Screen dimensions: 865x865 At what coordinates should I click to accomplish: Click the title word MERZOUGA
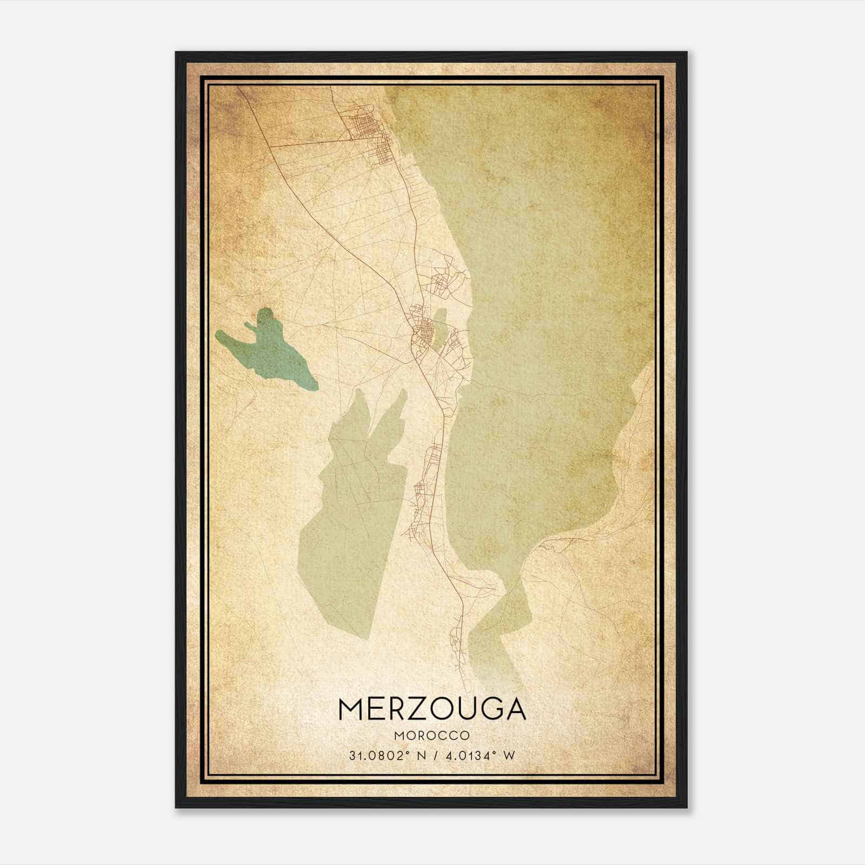[x=432, y=709]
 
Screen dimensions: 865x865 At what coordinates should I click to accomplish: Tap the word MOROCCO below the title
[x=432, y=735]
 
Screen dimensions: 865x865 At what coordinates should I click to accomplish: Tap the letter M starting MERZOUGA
[x=351, y=709]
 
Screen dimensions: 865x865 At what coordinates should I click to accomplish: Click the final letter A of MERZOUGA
[x=514, y=709]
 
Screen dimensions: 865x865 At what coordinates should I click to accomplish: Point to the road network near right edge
[x=633, y=487]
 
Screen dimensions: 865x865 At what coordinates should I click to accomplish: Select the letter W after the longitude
[x=509, y=755]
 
